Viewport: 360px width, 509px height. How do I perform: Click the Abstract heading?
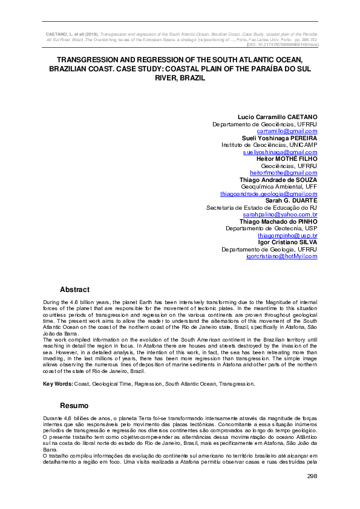[74, 290]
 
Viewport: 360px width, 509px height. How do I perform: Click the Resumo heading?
[74, 405]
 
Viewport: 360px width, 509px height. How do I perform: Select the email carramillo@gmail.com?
[287, 131]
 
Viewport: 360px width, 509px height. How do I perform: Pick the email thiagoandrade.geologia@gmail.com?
[269, 193]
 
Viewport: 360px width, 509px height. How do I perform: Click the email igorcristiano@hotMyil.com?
[282, 256]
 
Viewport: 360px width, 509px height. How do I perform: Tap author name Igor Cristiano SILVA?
[287, 242]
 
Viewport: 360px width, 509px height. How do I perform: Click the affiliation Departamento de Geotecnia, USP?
[272, 229]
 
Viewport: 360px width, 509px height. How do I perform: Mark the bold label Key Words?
[58, 383]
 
